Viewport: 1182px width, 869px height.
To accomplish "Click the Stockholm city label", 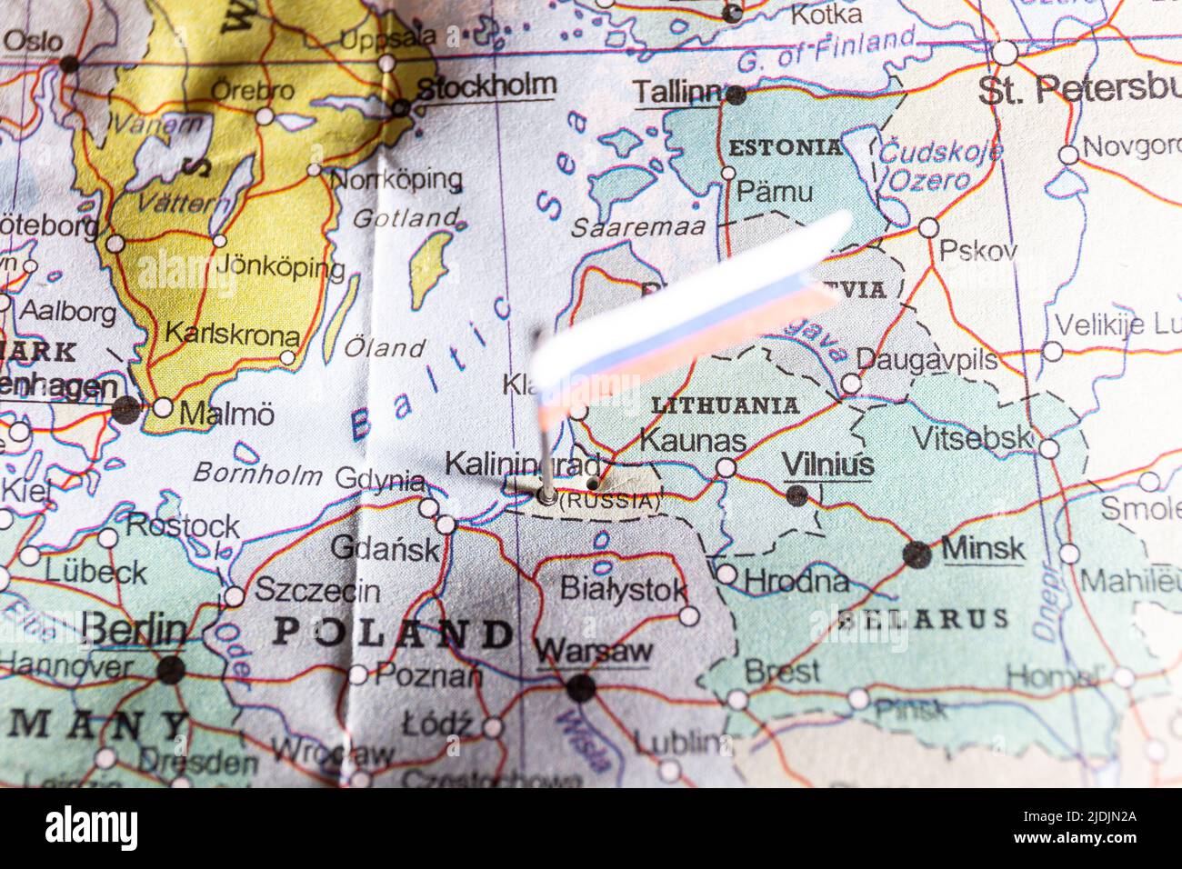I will (x=486, y=86).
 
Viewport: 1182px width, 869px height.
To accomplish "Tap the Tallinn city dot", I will (x=736, y=95).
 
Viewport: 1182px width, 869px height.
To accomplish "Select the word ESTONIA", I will (x=786, y=147).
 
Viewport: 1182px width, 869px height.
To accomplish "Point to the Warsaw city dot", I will (x=580, y=687).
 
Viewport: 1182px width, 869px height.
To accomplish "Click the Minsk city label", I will (x=983, y=549).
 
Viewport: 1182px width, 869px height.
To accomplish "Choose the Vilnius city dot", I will (x=796, y=495).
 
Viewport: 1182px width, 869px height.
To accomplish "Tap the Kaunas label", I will (x=693, y=441).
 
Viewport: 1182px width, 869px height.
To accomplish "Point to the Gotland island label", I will (x=406, y=218).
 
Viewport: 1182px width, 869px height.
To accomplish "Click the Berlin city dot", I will (x=170, y=670).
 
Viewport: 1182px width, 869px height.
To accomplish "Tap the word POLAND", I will (x=394, y=633).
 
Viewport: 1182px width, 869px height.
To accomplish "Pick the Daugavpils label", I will (x=927, y=359).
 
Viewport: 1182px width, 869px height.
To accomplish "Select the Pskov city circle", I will (x=928, y=227).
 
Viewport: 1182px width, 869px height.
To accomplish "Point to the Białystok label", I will (x=623, y=589).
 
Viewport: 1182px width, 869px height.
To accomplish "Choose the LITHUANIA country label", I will (x=725, y=405).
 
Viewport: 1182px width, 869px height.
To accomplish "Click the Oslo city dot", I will (x=69, y=64).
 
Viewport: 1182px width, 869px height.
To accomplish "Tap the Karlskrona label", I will (x=232, y=334).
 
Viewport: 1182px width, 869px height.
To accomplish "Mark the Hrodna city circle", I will (x=726, y=574).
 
